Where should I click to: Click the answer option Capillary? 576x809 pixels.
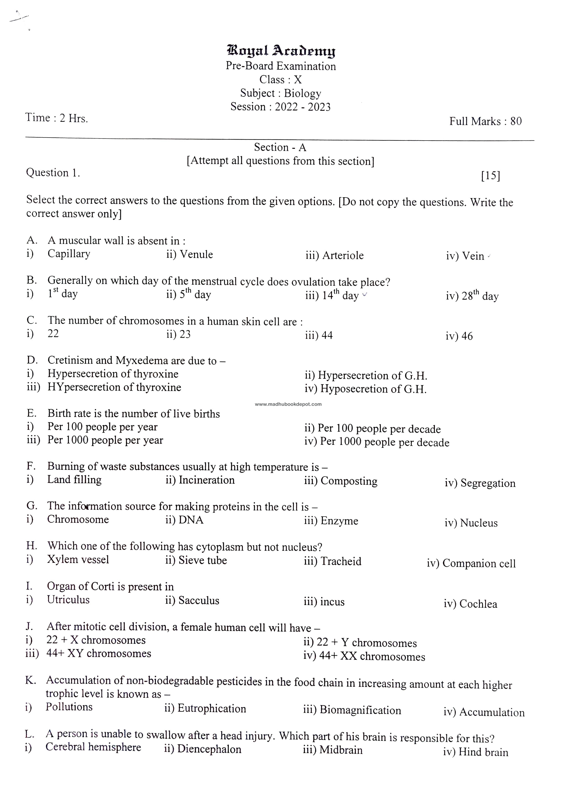click(69, 254)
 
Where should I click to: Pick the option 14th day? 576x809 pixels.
click(340, 295)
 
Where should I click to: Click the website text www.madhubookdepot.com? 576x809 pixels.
click(288, 404)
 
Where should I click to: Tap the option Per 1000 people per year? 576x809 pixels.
click(105, 440)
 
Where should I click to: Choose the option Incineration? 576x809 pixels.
click(206, 480)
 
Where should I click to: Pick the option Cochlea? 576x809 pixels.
click(478, 604)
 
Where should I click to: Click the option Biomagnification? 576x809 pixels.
click(360, 710)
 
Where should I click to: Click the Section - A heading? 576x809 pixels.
click(280, 147)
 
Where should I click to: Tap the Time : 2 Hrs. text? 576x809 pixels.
click(57, 118)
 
